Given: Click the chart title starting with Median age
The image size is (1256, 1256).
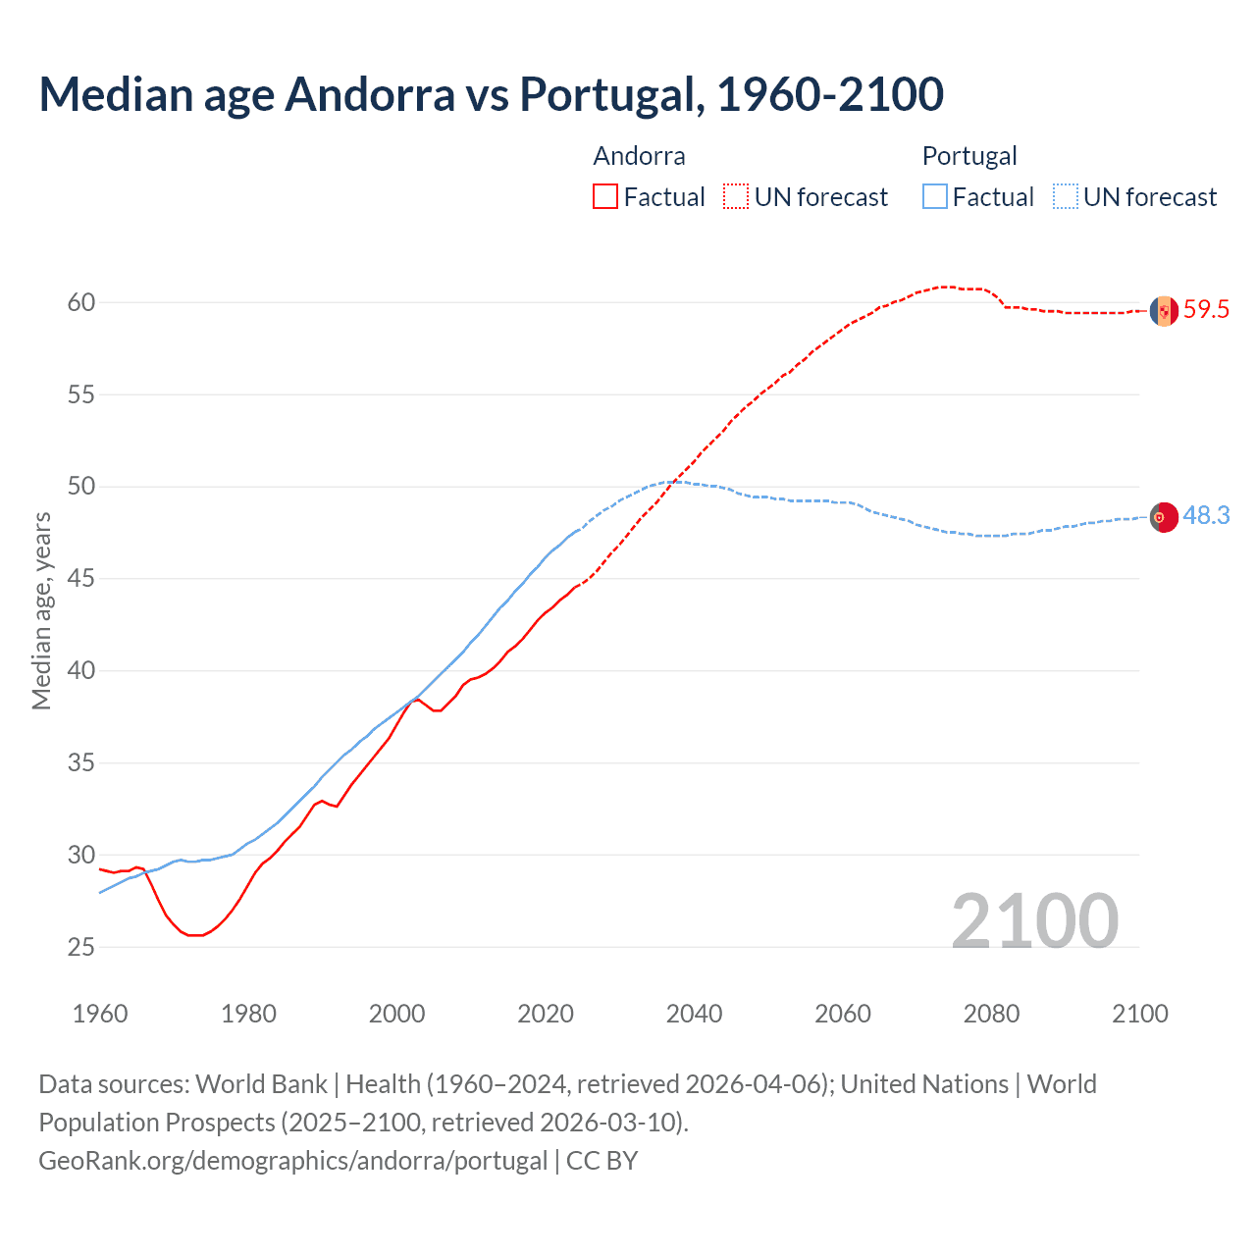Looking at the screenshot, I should coord(491,94).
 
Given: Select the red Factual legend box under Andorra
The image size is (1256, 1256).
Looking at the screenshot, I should coord(605,197).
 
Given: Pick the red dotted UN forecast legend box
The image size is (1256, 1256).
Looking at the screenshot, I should coord(736,197).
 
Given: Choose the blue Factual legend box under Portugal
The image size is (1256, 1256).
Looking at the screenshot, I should coord(935,197).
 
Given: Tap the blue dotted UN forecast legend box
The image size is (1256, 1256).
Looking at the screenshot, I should coord(1066,197).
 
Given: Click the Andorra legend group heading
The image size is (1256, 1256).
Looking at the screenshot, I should coord(639,156).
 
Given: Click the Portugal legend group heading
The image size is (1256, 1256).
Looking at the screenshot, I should coord(968,156).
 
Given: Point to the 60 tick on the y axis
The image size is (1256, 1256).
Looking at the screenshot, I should coord(81,302).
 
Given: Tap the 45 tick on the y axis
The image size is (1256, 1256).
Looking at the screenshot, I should coord(81,579).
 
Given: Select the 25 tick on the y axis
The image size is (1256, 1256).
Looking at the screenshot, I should coord(81,947).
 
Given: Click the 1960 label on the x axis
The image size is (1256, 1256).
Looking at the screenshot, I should coord(100,1014).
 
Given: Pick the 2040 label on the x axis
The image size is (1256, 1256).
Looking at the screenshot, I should coord(694,1014).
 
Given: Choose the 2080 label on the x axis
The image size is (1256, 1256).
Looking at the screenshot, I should coord(991,1014).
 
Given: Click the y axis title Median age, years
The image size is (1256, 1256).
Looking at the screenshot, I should coord(41,610).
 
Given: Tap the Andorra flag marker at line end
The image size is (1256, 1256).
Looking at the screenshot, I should coord(1164,311).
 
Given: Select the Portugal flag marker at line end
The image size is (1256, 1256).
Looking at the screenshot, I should coord(1164,517).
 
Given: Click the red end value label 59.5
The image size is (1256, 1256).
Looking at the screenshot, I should coord(1206,310).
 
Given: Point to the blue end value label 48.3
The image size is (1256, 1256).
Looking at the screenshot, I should coord(1206,516).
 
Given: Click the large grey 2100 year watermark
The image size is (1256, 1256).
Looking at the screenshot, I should coord(1034,920).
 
